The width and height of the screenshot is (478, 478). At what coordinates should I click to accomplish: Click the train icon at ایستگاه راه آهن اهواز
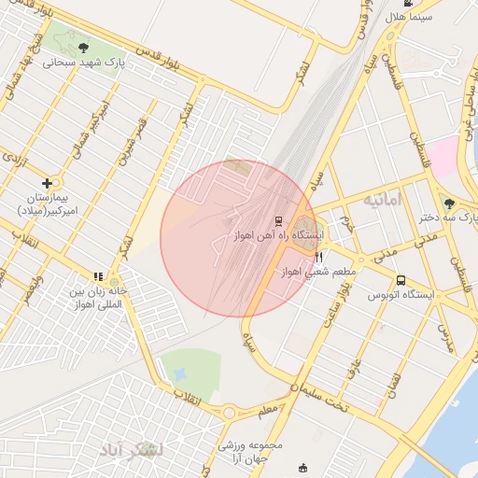(x=278, y=221)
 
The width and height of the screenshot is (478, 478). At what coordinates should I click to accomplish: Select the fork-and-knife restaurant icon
(x=319, y=257)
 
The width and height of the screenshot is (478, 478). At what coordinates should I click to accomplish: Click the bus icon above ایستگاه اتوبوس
(x=401, y=280)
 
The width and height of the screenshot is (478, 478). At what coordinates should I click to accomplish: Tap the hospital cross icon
(x=47, y=183)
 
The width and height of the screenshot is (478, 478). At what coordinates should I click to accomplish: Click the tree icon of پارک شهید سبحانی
(x=84, y=47)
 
